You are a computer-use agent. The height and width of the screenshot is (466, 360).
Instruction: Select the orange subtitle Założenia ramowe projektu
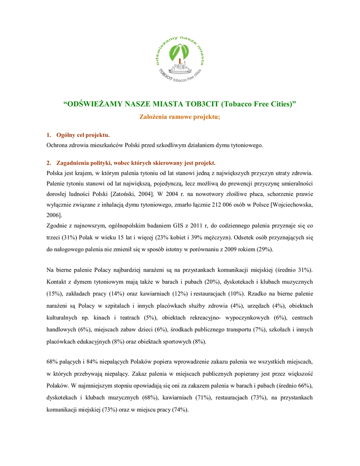[x=179, y=117]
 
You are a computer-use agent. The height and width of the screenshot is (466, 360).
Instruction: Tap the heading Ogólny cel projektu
[x=82, y=135]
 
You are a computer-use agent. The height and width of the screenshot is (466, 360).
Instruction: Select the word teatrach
[x=129, y=317]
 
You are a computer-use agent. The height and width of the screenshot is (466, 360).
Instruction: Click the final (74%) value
[x=179, y=410]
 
